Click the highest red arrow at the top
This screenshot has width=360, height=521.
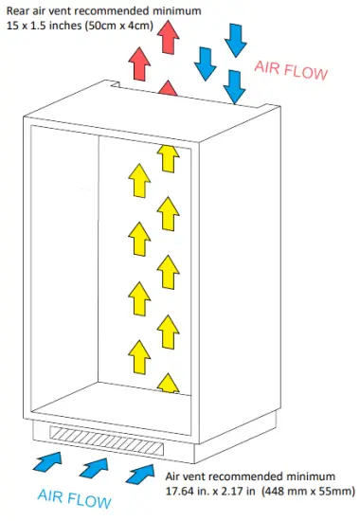click(x=170, y=37)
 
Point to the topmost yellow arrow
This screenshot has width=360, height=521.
click(x=169, y=156)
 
